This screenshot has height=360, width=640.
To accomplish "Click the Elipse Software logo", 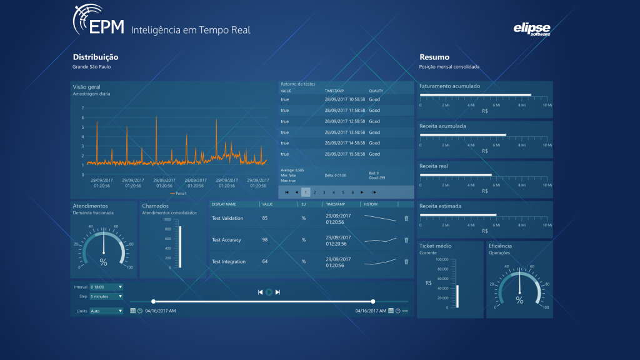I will [532, 29].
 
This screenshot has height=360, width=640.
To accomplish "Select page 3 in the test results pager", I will [324, 192].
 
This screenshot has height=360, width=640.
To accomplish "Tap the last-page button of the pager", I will [374, 192].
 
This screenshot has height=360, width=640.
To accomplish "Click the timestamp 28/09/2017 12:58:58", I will [344, 121].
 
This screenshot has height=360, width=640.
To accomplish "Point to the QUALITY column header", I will [376, 91].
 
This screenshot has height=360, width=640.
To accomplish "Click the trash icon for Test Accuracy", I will [406, 240].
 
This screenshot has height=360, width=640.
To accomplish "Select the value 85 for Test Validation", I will [265, 218].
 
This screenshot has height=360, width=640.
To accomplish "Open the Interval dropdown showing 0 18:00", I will [106, 287].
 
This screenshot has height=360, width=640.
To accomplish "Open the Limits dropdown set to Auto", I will [106, 311].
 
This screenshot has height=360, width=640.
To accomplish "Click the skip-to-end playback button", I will [277, 292].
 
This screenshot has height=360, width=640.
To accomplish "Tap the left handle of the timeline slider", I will [153, 301].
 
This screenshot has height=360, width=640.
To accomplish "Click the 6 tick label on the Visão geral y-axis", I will [82, 117].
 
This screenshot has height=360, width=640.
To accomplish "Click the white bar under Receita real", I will [456, 175].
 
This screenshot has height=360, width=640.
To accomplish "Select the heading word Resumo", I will [434, 57].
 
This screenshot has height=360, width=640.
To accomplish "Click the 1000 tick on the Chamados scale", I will [167, 219].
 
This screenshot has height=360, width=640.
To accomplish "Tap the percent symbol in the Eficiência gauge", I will [519, 300].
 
